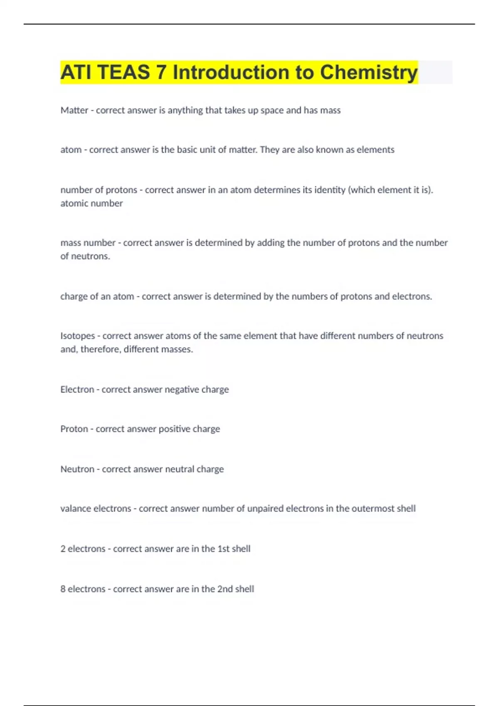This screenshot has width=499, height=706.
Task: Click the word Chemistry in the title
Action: click(x=368, y=72)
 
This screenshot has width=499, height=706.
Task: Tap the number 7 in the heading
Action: click(x=161, y=72)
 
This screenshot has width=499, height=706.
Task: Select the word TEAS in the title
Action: click(x=124, y=72)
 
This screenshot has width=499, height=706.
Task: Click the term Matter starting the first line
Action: click(x=74, y=110)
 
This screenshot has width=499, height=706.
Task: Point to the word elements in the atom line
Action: click(x=375, y=150)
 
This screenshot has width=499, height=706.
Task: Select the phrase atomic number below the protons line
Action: click(x=91, y=203)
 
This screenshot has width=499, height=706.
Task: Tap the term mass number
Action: click(x=88, y=243)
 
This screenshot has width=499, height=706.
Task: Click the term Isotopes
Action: click(x=78, y=336)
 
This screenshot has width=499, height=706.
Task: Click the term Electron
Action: click(x=77, y=389)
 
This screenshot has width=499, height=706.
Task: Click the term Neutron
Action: click(x=77, y=469)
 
